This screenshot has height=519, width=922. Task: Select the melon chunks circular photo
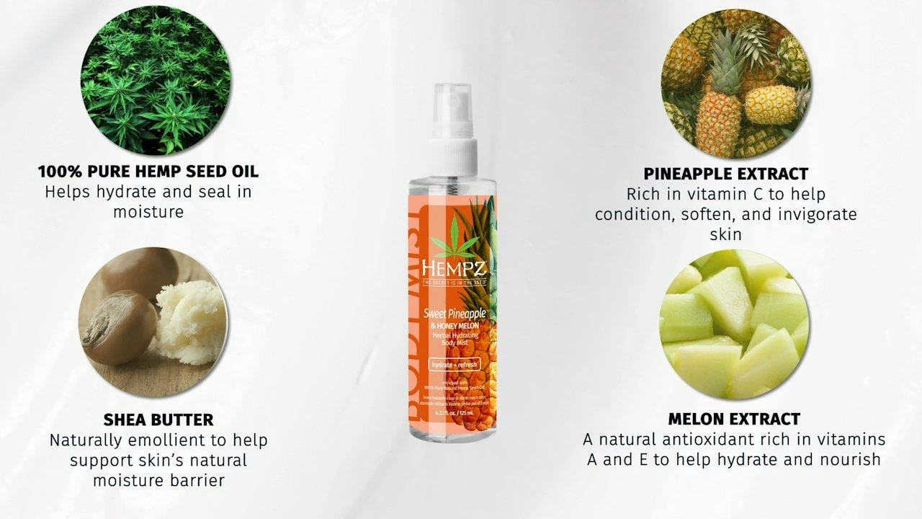(735, 324)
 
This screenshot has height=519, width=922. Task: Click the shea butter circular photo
(153, 323)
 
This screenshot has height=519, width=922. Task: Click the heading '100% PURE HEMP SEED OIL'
(148, 172)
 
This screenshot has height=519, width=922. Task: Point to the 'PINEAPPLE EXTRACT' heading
(725, 174)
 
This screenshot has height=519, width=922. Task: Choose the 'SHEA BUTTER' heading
(158, 420)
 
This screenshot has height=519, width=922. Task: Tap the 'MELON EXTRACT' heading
(734, 419)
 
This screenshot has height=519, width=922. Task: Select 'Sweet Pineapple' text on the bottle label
(455, 314)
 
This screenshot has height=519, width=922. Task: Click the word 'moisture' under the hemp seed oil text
(148, 212)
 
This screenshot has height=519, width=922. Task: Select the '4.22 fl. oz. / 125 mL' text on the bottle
(454, 413)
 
